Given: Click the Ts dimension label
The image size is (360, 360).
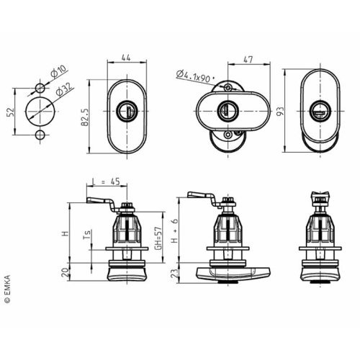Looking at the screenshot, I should [86, 235].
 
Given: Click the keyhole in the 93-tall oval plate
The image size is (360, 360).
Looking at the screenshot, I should [318, 112].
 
